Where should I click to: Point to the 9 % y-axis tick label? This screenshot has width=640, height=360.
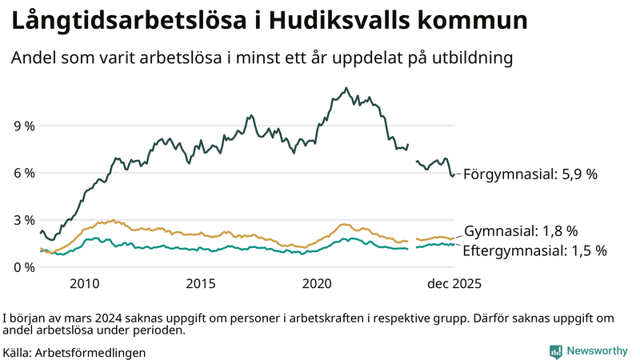(23, 126)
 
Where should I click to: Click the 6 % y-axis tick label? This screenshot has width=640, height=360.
(23, 173)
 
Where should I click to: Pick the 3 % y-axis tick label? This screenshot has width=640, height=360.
(23, 220)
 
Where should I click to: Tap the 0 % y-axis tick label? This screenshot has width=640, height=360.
(23, 266)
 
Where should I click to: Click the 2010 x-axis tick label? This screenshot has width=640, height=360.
(85, 283)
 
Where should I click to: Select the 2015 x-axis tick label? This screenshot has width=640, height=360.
(201, 283)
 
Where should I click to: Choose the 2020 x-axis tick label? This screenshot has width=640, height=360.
(318, 283)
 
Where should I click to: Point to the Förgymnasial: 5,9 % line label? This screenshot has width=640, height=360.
(530, 174)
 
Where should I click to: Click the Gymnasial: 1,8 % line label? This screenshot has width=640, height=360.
(521, 231)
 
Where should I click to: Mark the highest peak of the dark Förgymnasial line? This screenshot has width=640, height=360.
(346, 88)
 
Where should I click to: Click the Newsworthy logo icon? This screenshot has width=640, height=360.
(555, 351)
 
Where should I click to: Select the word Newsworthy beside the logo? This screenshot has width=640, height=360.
(597, 351)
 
